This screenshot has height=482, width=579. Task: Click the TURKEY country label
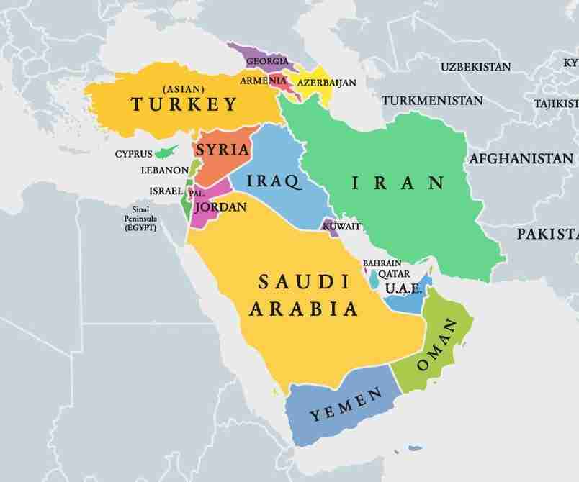(x=184, y=105)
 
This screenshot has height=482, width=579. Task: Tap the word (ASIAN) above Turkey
(x=184, y=88)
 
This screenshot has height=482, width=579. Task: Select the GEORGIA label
(x=267, y=62)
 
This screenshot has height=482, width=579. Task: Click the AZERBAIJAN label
(x=326, y=83)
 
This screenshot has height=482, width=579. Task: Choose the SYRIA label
(x=223, y=150)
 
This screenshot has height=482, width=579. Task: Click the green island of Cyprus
(x=169, y=152)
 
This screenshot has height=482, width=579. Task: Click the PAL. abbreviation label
(x=196, y=194)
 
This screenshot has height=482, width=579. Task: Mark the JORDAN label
(x=221, y=207)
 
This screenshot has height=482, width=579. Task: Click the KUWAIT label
(x=341, y=227)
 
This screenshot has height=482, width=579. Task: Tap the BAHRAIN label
(x=382, y=263)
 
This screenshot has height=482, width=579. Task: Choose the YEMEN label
(x=346, y=406)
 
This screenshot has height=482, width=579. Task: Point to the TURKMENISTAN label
(x=432, y=100)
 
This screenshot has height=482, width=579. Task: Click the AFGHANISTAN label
(x=521, y=158)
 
